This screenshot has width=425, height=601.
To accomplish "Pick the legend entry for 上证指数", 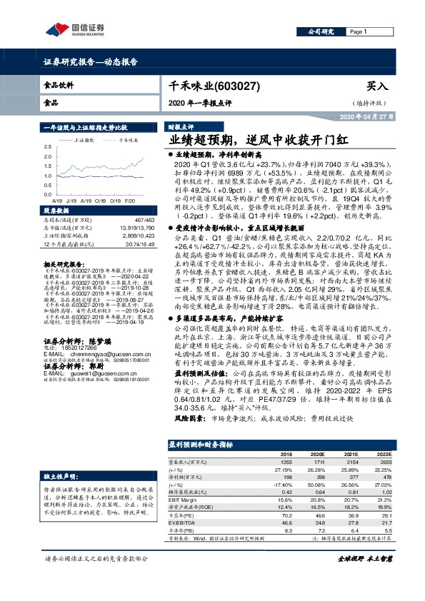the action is (84, 141).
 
